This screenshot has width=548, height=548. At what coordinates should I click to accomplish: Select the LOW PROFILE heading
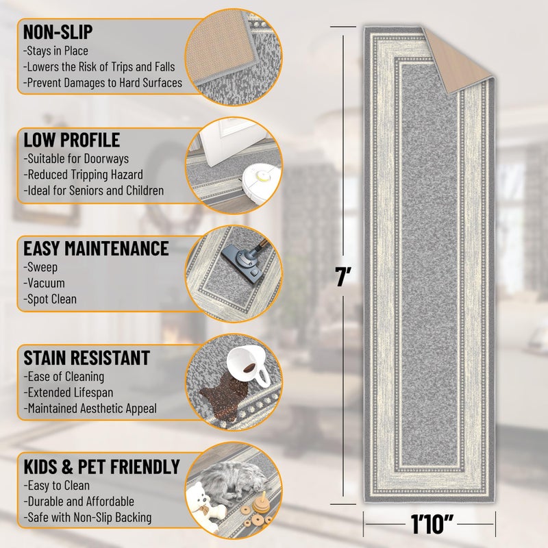pos(72,140)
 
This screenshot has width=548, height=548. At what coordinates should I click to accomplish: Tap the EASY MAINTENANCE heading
pos(96,247)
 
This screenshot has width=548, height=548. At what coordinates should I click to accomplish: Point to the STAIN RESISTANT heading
pos(86,357)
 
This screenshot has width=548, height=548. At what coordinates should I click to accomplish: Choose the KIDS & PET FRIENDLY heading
pos(101,466)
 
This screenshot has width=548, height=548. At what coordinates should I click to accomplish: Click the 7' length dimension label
pos(343,277)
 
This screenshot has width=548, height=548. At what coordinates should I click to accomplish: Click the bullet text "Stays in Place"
pos(56,51)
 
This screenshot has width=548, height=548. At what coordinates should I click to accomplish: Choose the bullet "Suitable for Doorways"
pos(77,159)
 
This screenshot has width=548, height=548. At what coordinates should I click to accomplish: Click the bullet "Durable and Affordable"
pos(79,502)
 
